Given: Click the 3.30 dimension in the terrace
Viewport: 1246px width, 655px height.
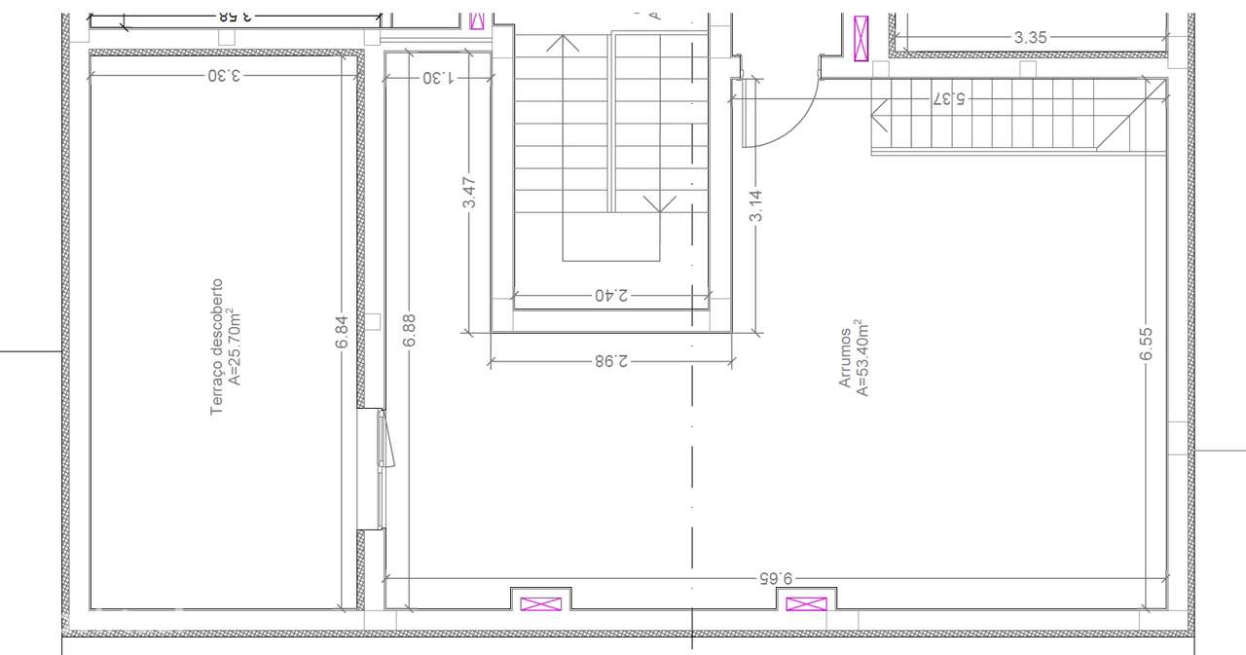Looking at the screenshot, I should click(223, 77).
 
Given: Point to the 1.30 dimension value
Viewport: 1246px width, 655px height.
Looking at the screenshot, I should click(438, 77).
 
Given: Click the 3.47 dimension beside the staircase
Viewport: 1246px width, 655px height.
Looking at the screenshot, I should click(469, 193).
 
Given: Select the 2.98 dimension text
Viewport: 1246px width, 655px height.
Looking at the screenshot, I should click(612, 361).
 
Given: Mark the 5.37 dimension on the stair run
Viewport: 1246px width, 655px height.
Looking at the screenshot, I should click(948, 98).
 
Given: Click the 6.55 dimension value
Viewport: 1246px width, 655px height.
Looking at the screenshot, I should click(1147, 344).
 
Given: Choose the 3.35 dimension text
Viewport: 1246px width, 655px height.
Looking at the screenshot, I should click(1030, 38).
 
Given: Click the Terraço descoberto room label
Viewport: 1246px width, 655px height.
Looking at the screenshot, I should click(217, 347).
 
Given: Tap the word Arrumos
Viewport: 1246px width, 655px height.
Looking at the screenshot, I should click(846, 357).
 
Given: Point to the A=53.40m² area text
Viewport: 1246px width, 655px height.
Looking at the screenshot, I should click(861, 357).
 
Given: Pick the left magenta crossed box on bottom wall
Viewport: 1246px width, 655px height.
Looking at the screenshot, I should click(541, 604).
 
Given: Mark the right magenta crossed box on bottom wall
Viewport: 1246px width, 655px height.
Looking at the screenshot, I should click(806, 604).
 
